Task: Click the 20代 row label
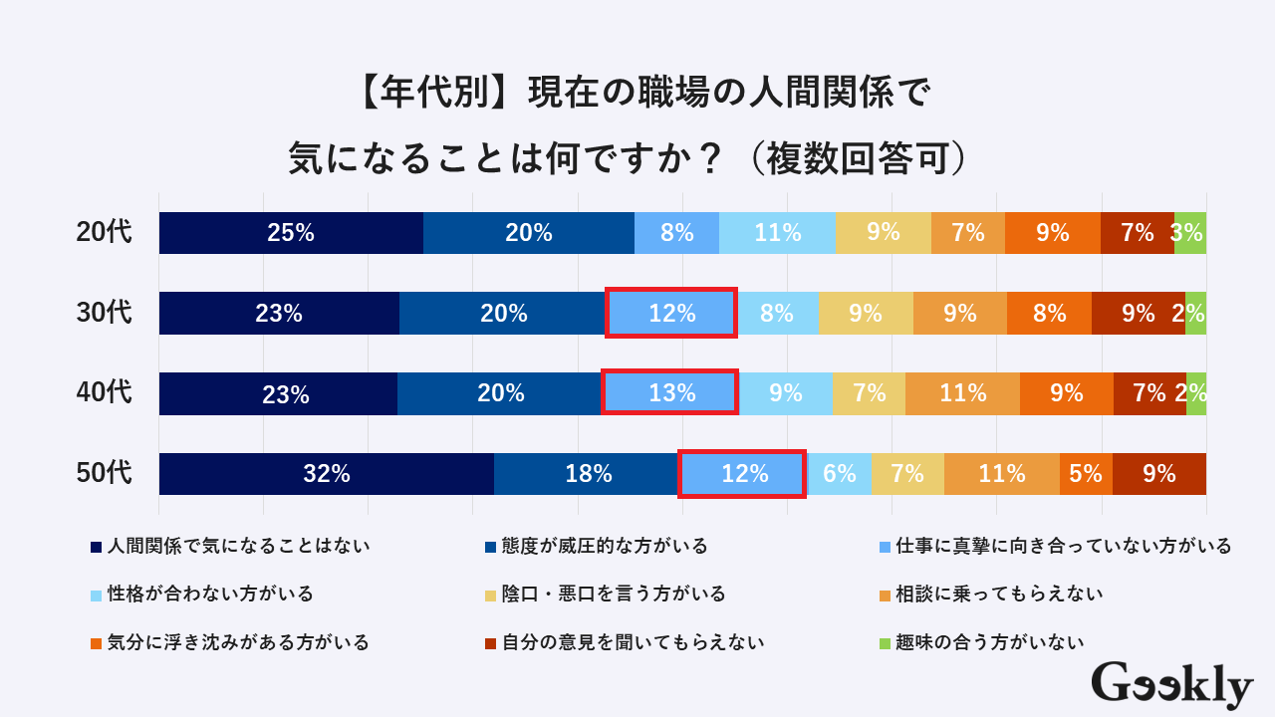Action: [104, 233]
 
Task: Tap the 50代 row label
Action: [104, 473]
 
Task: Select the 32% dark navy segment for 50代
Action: [327, 474]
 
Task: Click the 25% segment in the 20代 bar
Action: [291, 233]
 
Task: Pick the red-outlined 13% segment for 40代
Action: [670, 392]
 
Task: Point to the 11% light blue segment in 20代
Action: [777, 233]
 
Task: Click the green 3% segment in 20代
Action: [1190, 233]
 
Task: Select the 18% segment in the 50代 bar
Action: [587, 474]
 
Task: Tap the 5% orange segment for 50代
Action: [1086, 474]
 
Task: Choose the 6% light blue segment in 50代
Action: [839, 474]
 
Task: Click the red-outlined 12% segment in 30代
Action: [671, 313]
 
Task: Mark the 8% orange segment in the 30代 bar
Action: [1049, 313]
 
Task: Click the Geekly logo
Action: [1172, 685]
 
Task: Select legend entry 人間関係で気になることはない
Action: [238, 546]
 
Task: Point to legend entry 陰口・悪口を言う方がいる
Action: [612, 594]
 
